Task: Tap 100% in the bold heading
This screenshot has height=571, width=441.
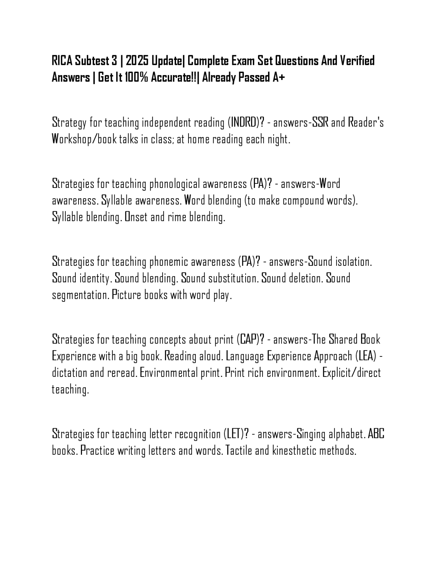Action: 136,78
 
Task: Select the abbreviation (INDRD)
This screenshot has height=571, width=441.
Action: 245,122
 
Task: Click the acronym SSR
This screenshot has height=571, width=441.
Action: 320,122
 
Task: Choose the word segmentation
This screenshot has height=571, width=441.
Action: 80,295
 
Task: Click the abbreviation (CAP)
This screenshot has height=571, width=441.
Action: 251,340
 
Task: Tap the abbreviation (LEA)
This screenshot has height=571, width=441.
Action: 367,356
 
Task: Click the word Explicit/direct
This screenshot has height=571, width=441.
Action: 351,373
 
